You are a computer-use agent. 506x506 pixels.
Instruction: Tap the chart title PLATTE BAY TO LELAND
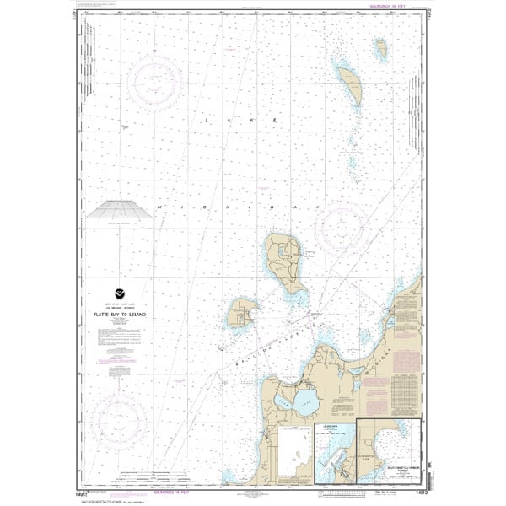[x=122, y=314]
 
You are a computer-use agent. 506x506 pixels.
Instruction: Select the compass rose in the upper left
[x=154, y=82]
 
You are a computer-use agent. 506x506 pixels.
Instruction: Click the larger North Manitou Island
[x=284, y=262]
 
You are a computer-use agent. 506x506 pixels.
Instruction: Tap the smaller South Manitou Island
[x=242, y=314]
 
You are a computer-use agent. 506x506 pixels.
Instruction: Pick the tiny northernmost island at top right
[x=381, y=49]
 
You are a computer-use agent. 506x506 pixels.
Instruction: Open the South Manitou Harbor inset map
[x=388, y=451]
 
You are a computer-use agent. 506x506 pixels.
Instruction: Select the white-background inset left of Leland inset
[x=294, y=455]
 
